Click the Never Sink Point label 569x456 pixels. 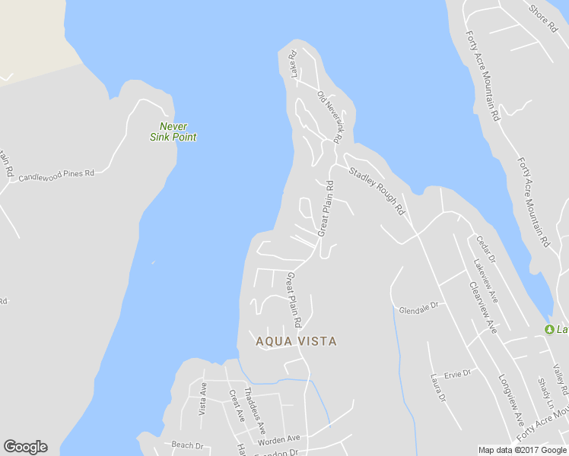tap(173, 131)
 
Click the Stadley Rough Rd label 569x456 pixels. tap(377, 190)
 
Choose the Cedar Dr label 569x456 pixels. tap(485, 249)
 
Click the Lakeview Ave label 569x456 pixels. tap(485, 280)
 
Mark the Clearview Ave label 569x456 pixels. tap(483, 307)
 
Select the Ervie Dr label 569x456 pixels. tap(458, 373)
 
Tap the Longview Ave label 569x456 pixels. tap(511, 398)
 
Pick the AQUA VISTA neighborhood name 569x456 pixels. tap(296, 341)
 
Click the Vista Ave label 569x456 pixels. tap(203, 397)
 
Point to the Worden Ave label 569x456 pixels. tap(279, 439)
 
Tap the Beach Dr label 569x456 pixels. tap(187, 445)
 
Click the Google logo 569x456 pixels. tap(25, 447)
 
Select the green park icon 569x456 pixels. tap(549, 328)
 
